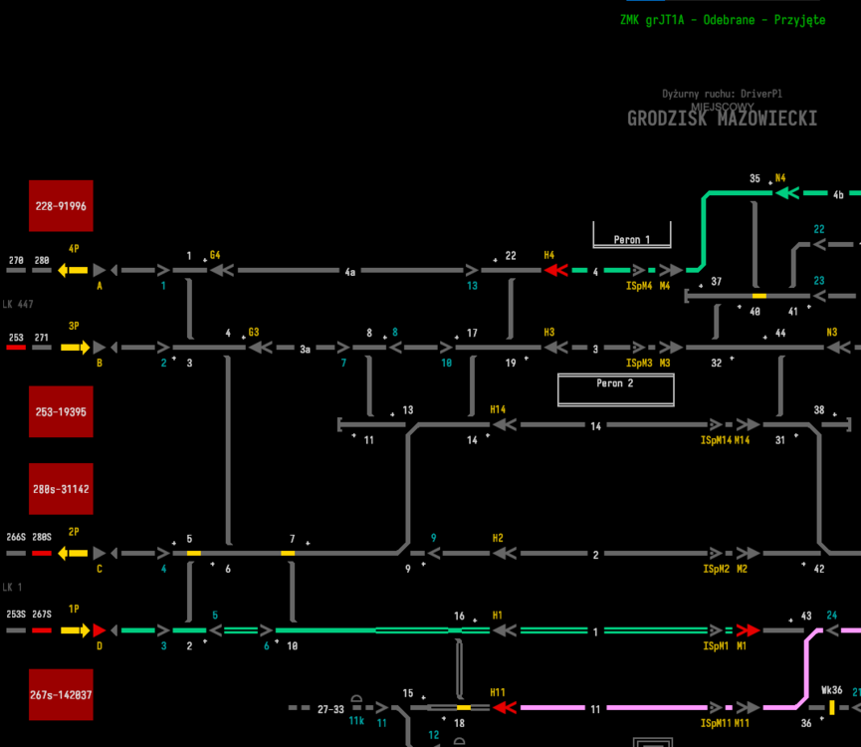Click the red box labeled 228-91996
pyautogui.click(x=61, y=206)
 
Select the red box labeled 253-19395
pyautogui.click(x=61, y=411)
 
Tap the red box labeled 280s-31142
pyautogui.click(x=61, y=489)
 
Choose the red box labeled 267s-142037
pyautogui.click(x=61, y=694)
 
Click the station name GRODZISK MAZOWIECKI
pyautogui.click(x=722, y=119)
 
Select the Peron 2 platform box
pyautogui.click(x=615, y=388)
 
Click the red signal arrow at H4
pyautogui.click(x=555, y=270)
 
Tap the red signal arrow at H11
pyautogui.click(x=505, y=707)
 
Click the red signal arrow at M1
pyautogui.click(x=748, y=630)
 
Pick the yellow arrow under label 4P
pyautogui.click(x=73, y=270)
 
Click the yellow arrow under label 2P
pyautogui.click(x=73, y=553)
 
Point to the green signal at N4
pyautogui.click(x=787, y=192)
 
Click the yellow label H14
pyautogui.click(x=498, y=409)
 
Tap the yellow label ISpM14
pyautogui.click(x=716, y=439)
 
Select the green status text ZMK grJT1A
pyautogui.click(x=722, y=20)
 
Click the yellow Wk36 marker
pyautogui.click(x=831, y=707)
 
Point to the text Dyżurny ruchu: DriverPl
pyautogui.click(x=721, y=94)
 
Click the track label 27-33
pyautogui.click(x=330, y=710)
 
